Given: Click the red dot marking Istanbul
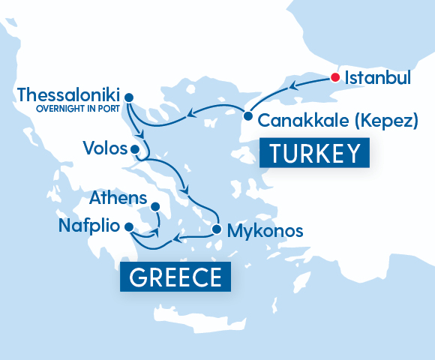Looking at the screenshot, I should [335, 76].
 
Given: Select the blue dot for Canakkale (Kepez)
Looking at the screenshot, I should [247, 116].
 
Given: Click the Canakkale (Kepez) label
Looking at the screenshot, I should [337, 120].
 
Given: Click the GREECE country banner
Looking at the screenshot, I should [175, 277].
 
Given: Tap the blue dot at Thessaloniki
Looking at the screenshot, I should [128, 97].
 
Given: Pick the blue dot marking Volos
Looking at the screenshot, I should [136, 149].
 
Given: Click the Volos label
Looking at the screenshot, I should [105, 148].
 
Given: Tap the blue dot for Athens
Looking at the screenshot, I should [155, 207].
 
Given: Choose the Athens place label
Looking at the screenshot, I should [117, 198].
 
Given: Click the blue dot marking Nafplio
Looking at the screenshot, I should [129, 226].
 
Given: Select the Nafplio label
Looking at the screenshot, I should [89, 226].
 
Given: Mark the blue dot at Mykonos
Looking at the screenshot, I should [216, 229].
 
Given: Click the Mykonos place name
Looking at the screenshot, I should [266, 230].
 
